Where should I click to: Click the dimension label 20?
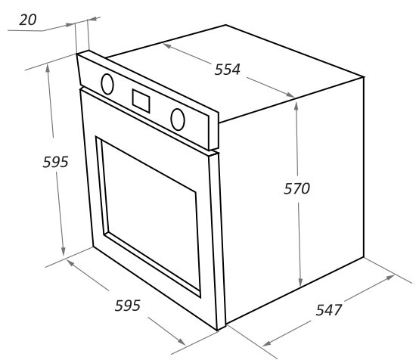28,20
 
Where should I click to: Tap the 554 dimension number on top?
228,70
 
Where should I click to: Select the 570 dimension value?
297,188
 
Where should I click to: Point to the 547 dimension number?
329,310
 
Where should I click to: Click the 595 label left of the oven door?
55,162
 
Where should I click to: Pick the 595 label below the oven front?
127,306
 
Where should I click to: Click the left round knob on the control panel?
107,84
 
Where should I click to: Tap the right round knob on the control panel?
178,119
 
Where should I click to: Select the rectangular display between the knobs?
141,101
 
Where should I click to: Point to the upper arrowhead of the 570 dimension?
296,106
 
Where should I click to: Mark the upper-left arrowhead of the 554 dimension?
167,46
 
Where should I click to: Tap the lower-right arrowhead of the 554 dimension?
290,95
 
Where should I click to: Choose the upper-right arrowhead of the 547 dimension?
390,278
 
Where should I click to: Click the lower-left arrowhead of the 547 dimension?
267,343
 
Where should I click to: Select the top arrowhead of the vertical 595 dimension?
48,69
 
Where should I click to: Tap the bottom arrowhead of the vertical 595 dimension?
63,251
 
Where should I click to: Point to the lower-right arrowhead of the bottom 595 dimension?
182,341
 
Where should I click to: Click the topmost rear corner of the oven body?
226,25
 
